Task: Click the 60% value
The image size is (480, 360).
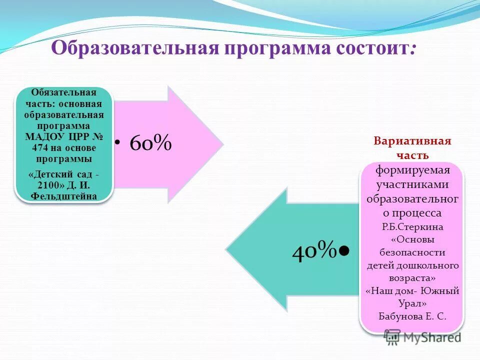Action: (x=150, y=143)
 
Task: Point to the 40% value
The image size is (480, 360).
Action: (x=313, y=249)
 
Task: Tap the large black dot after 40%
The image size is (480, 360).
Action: (x=343, y=249)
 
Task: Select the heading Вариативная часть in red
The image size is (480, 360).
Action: (x=412, y=148)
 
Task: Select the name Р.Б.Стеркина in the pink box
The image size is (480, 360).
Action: (x=412, y=226)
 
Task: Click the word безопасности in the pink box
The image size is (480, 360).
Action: (x=412, y=252)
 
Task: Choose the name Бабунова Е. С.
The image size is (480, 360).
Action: (x=412, y=316)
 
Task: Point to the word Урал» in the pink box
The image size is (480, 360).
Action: (x=412, y=303)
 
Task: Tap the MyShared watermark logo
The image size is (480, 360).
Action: (x=422, y=337)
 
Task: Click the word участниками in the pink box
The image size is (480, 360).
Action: (x=412, y=184)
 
